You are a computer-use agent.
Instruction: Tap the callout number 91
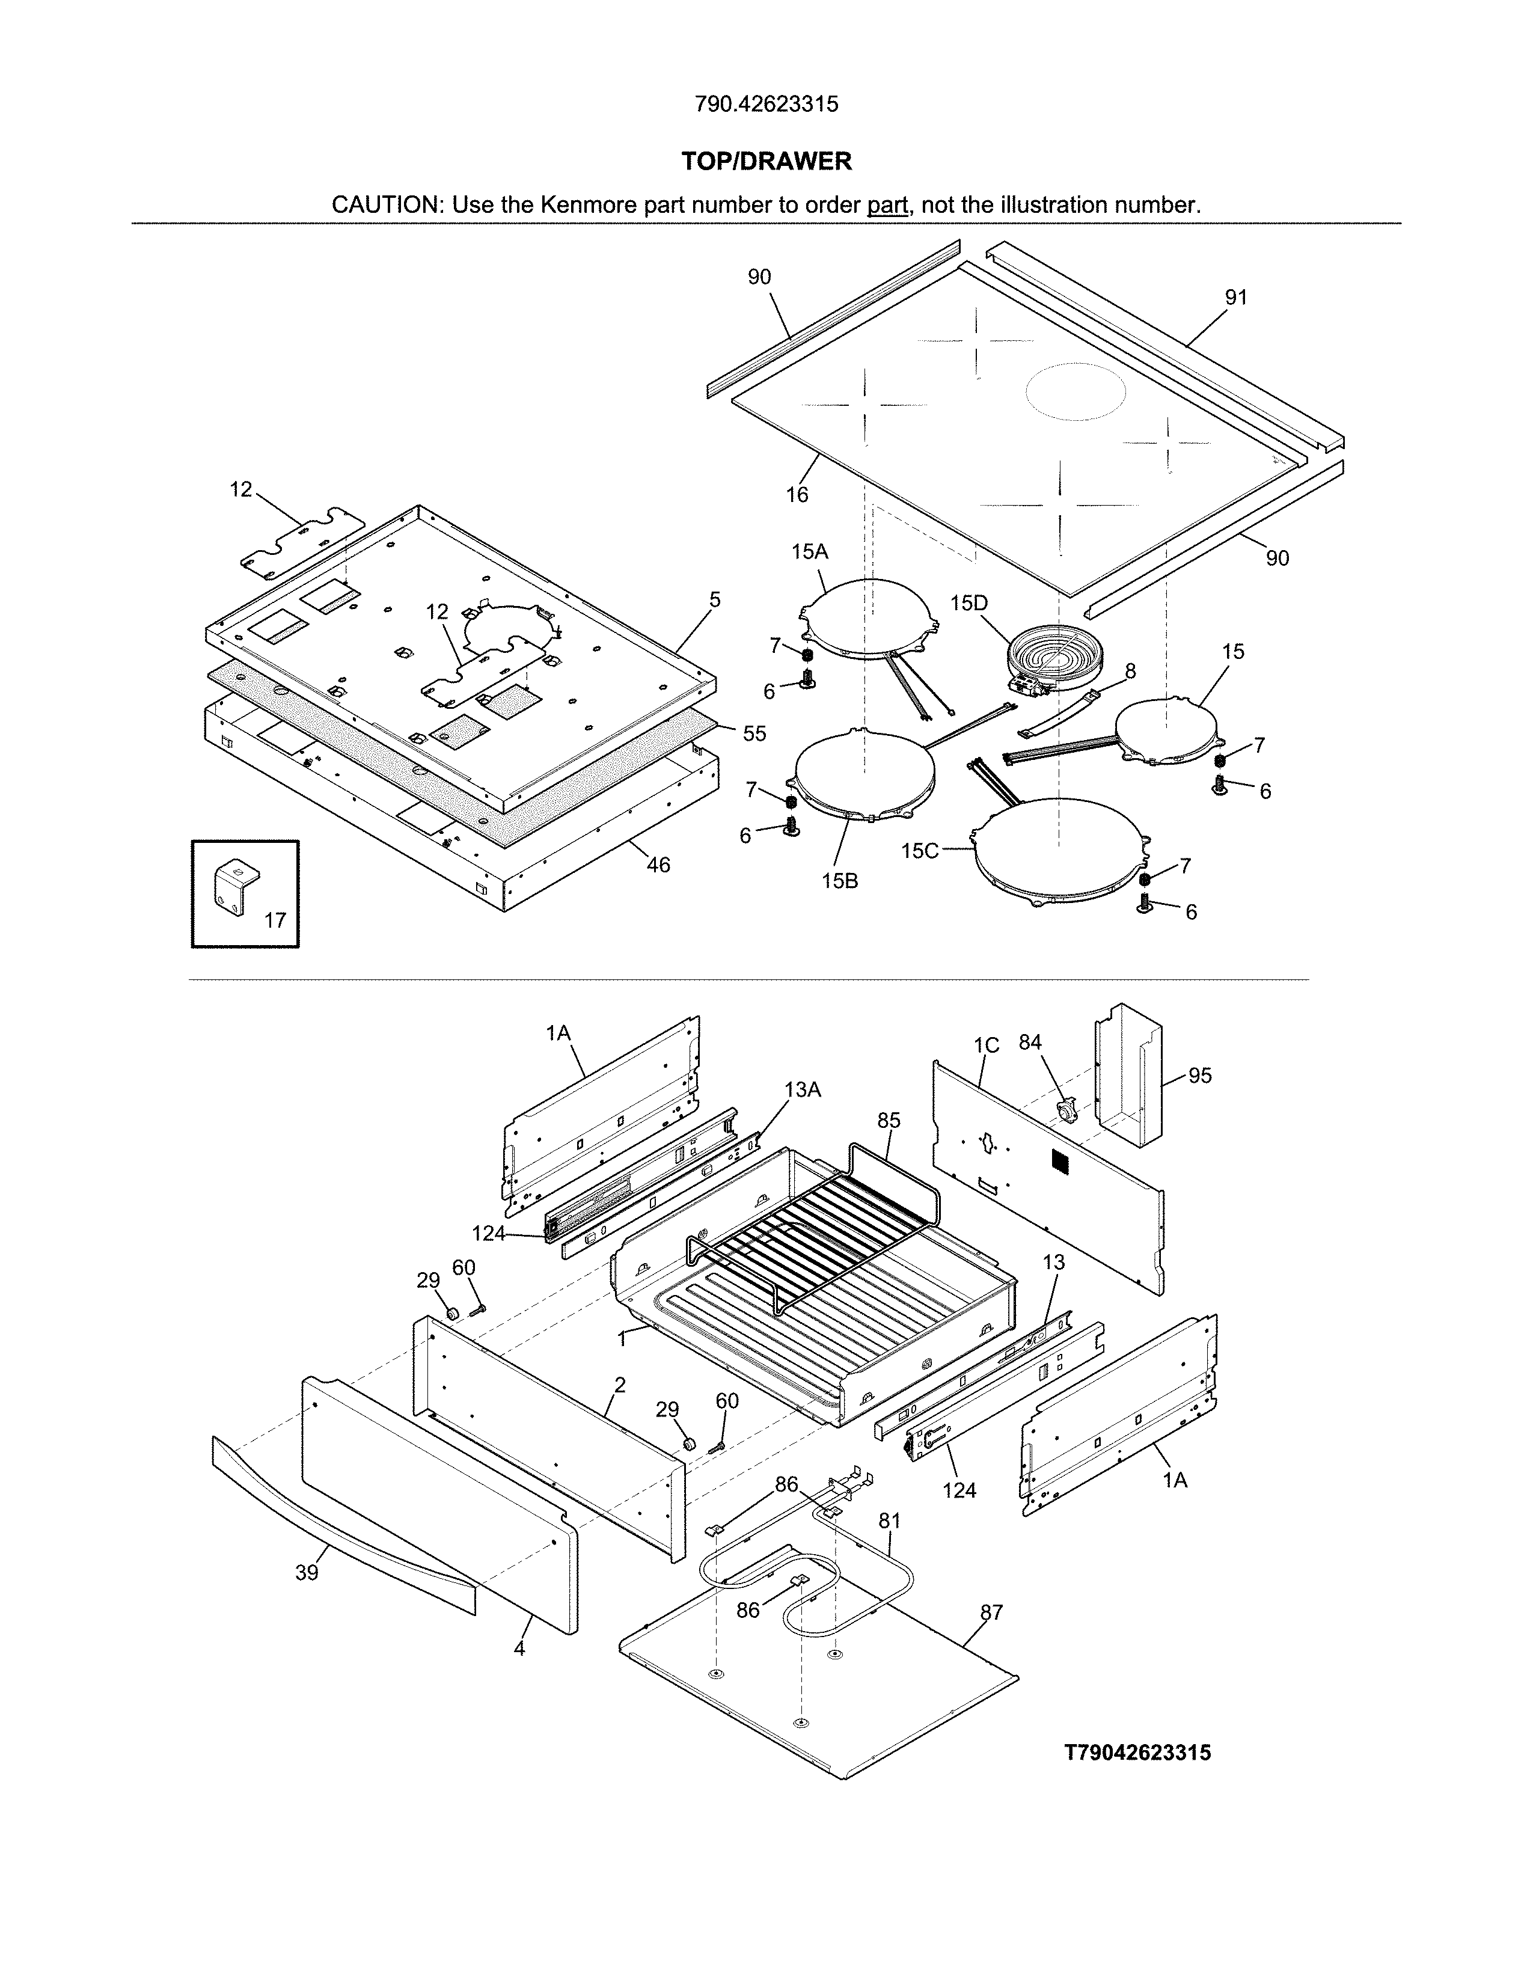coord(1236,297)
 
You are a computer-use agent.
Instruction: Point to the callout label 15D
coord(969,603)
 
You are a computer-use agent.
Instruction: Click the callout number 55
coord(754,733)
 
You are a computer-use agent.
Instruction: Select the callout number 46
coord(658,865)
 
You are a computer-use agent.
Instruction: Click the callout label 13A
coord(802,1089)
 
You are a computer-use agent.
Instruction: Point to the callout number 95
coord(1200,1076)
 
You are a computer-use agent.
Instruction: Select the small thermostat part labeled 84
coord(1066,1110)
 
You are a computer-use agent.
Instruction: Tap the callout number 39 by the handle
coord(307,1573)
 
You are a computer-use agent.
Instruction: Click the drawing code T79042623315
coord(1137,1753)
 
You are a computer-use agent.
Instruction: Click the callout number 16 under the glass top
coord(797,494)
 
